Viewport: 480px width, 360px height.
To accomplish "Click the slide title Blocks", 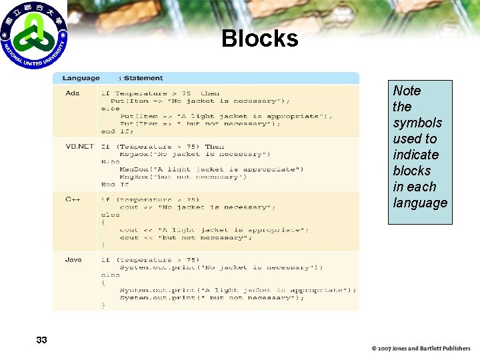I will click(x=260, y=39).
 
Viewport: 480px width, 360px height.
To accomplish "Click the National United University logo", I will click(x=33, y=35).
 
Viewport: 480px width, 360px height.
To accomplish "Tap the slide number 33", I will click(x=41, y=340).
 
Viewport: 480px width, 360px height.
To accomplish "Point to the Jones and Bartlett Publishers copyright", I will click(x=421, y=348).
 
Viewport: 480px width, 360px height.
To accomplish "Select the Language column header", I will click(x=81, y=79).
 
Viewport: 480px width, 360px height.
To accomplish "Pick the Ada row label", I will click(x=72, y=93).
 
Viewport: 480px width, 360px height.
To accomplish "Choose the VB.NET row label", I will click(x=79, y=147).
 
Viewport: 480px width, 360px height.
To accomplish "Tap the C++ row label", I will click(x=73, y=199).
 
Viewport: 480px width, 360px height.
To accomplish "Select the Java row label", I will click(x=73, y=259).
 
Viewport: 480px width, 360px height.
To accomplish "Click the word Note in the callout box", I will click(x=407, y=91).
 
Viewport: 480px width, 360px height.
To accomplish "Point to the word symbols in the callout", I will click(x=417, y=123).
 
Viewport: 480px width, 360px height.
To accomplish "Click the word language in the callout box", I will click(x=420, y=203).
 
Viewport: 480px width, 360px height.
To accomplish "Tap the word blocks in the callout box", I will click(x=412, y=171).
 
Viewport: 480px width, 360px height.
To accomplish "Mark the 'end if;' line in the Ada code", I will click(x=117, y=131).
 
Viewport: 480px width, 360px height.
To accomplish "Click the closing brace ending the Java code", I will click(x=103, y=305).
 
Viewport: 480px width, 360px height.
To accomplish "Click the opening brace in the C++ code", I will click(x=103, y=223).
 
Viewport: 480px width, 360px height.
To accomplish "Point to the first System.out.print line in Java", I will click(x=221, y=267).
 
